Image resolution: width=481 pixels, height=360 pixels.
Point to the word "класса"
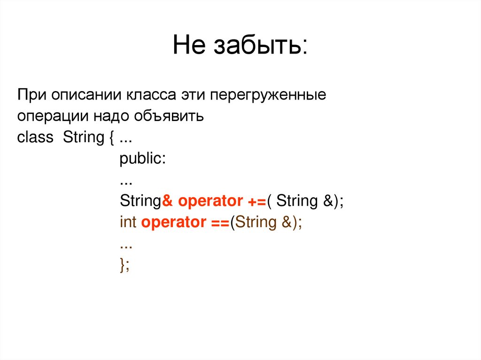[151, 95]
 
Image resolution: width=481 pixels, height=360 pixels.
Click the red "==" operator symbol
[218, 222]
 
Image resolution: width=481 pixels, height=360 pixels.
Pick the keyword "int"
[128, 222]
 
